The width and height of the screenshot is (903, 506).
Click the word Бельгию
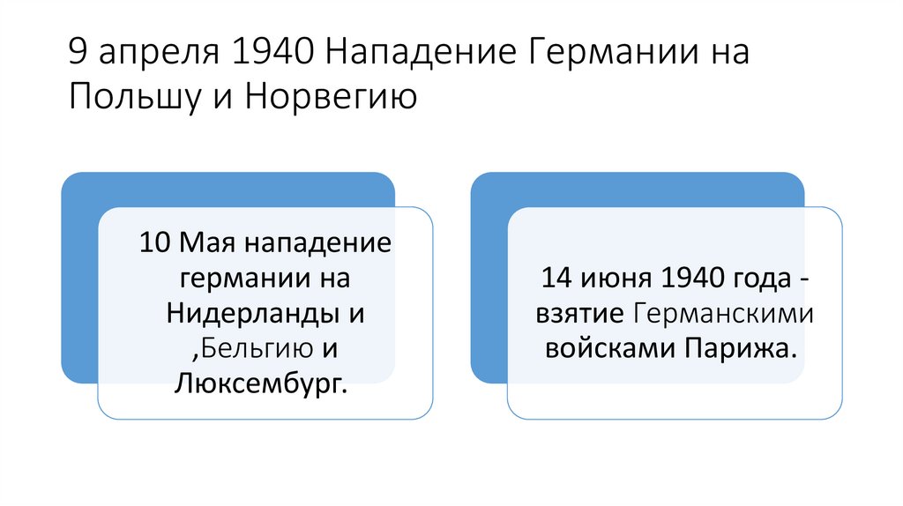coord(256,348)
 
